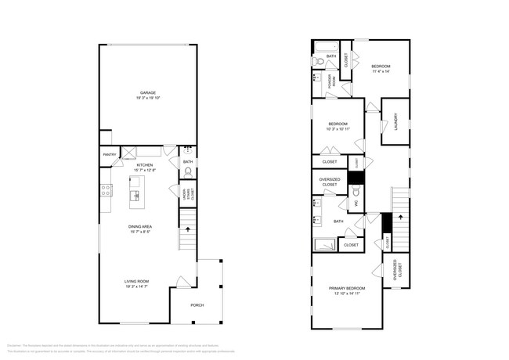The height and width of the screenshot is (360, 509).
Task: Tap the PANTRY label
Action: (x=110, y=155)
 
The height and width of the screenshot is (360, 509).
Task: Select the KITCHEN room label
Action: (x=145, y=165)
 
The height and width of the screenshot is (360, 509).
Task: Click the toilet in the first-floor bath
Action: (x=188, y=172)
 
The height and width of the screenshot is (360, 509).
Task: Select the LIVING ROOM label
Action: (x=136, y=282)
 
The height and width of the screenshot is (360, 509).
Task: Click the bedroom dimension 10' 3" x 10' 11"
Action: (x=338, y=128)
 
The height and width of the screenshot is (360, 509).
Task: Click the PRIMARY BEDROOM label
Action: (x=346, y=289)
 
